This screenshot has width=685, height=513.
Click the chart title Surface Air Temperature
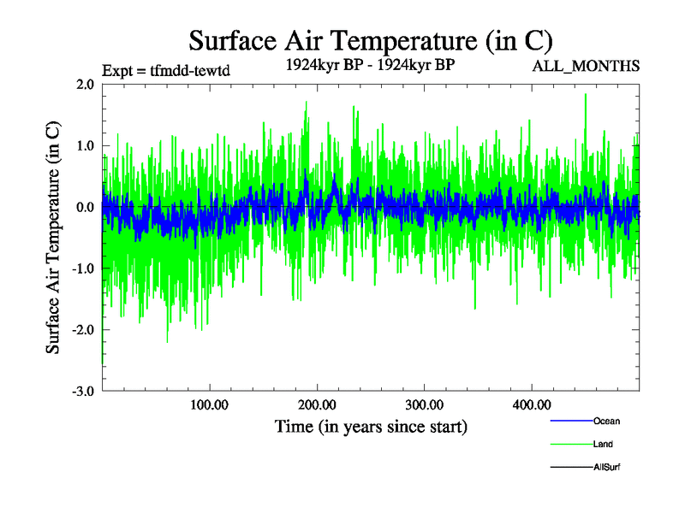[370, 40]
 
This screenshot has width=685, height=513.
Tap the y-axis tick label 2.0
[84, 85]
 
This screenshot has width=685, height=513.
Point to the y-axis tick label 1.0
[84, 146]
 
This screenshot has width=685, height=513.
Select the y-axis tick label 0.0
[84, 208]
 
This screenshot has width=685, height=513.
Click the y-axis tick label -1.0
[81, 269]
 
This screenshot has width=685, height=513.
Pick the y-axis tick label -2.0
[81, 330]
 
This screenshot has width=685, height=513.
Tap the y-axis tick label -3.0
[81, 392]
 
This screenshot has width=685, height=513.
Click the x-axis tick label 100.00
[210, 405]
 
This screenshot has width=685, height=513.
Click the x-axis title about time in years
[371, 426]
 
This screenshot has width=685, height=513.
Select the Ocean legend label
[606, 421]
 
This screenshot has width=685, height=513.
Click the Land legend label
[603, 444]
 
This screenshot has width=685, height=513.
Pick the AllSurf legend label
[607, 467]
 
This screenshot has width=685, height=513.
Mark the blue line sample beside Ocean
[569, 421]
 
